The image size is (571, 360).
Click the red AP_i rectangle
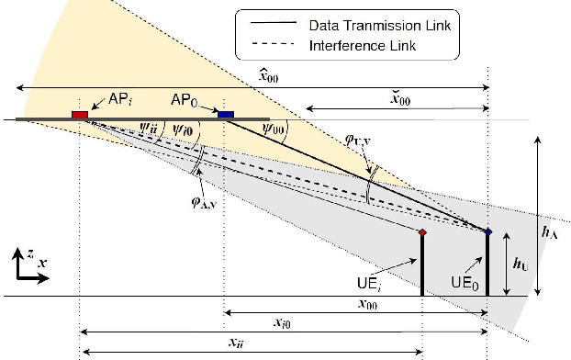point(80,115)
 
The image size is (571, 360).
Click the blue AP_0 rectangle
point(225,114)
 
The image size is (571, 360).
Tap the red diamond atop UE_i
point(421,232)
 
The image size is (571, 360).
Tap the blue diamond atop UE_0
point(487,231)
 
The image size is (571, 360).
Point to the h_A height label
point(550,234)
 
